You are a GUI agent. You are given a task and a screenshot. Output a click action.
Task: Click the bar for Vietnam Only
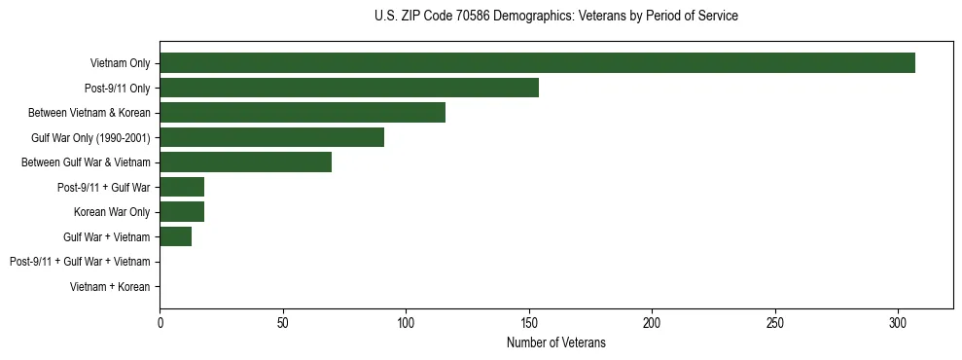[537, 62]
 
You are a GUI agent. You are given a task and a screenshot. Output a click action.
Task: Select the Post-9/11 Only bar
[349, 88]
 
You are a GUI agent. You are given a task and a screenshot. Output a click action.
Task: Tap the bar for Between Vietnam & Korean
[303, 112]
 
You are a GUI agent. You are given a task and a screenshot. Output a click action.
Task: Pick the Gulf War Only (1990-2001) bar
[271, 137]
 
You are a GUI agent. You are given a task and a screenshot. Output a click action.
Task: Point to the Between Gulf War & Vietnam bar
[245, 162]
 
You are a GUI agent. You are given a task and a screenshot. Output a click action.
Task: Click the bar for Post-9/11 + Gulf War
[182, 187]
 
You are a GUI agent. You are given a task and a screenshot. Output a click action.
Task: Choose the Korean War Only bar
[182, 211]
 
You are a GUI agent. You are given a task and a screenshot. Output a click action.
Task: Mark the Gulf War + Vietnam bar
[175, 236]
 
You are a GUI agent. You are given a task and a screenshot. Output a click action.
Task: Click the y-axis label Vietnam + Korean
[110, 287]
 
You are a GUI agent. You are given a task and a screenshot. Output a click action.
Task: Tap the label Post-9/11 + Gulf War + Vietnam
[80, 262]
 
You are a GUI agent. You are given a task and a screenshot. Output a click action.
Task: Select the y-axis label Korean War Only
[112, 212]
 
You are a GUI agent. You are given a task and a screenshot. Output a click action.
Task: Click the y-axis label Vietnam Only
[120, 63]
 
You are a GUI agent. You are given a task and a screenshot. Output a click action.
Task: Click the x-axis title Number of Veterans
[555, 342]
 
